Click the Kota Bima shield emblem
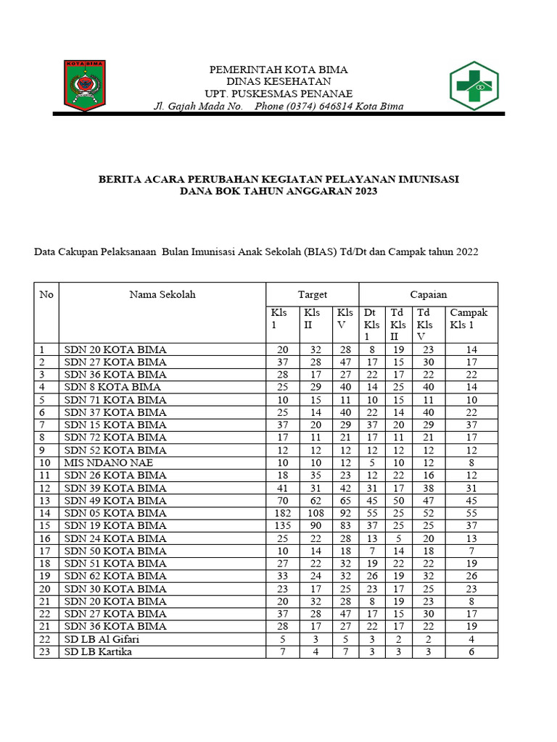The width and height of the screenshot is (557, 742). coord(85,86)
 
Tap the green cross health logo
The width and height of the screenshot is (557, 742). coord(474,86)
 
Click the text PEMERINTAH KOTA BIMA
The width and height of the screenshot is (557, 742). coord(278,70)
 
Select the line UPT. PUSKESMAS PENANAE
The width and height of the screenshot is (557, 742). coord(278,93)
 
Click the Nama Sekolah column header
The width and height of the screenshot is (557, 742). coord(162,294)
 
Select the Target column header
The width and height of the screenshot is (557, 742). coord(313,294)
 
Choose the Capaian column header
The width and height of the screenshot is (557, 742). coord(429,294)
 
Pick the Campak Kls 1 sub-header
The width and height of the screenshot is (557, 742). coord(469,319)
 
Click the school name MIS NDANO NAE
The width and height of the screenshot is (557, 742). coord(109,462)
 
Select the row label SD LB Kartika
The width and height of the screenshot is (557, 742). coord(99,651)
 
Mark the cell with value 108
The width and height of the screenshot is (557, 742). coord(313,513)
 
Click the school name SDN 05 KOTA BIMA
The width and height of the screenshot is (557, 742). coord(115,513)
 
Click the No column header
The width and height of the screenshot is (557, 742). coord(46,294)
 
